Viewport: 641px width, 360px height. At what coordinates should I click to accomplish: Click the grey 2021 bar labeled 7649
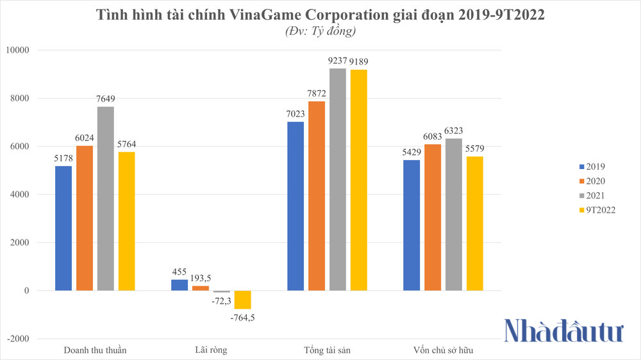point(105,199)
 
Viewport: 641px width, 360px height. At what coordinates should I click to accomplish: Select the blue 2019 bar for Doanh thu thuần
point(63,228)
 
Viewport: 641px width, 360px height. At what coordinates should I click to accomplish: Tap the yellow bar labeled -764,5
point(242,300)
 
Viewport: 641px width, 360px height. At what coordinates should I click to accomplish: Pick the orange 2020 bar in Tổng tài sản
point(316,196)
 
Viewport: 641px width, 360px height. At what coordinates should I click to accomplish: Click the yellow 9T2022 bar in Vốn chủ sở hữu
point(474,224)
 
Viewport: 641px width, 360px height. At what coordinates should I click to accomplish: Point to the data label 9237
point(337,61)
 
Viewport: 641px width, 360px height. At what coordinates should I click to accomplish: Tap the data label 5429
point(412,152)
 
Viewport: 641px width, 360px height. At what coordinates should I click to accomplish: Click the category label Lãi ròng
point(211,350)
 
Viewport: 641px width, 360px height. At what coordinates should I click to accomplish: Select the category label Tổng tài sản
point(327,350)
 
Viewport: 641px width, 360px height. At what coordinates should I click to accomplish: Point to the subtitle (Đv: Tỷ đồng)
point(320,30)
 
